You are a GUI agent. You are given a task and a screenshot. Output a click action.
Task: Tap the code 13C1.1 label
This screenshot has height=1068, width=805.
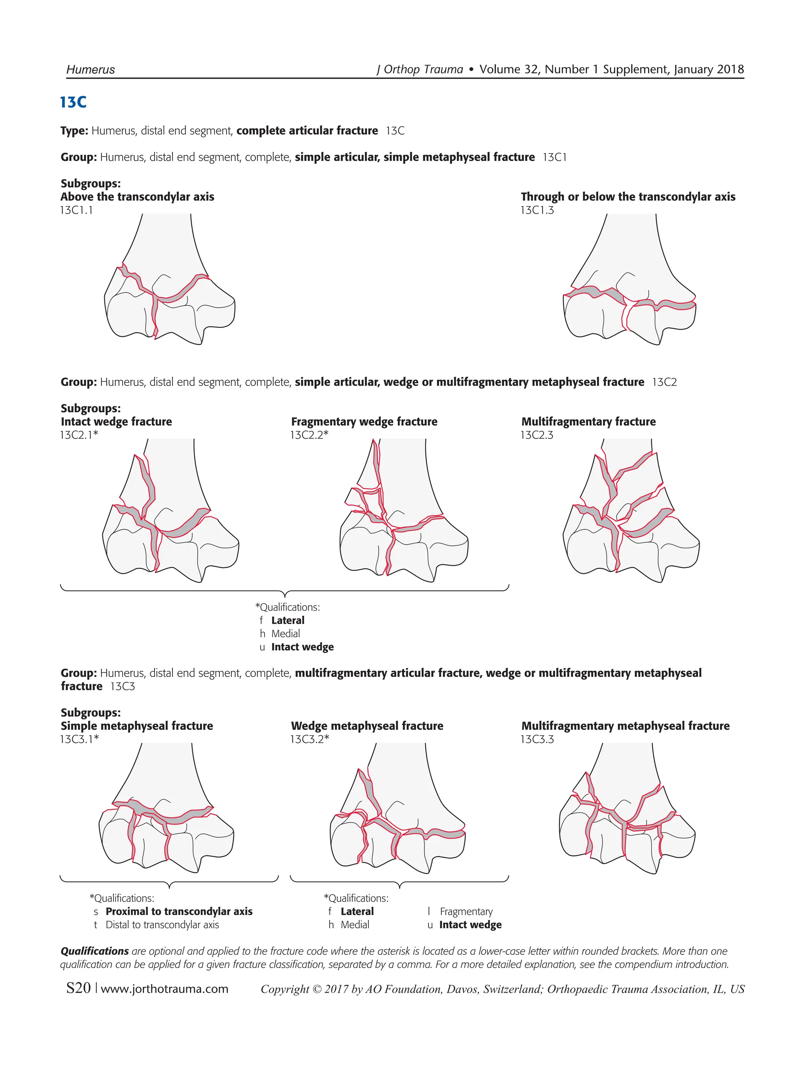pyautogui.click(x=76, y=210)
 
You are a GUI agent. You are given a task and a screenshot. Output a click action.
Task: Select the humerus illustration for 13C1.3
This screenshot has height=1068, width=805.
pyautogui.click(x=630, y=282)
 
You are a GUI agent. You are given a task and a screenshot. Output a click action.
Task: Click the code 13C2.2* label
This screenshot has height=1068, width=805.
pyautogui.click(x=309, y=435)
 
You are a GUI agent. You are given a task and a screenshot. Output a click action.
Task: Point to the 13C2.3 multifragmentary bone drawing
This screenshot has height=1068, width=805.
pyautogui.click(x=630, y=512)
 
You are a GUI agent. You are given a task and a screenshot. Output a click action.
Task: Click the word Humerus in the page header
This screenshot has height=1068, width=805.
pyautogui.click(x=90, y=69)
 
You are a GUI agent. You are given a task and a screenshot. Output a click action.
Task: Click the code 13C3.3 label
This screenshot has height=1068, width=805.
pyautogui.click(x=537, y=739)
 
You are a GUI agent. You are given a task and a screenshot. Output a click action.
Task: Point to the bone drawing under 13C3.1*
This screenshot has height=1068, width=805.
pyautogui.click(x=167, y=811)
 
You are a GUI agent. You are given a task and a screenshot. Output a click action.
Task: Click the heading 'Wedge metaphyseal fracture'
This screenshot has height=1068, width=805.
pyautogui.click(x=367, y=726)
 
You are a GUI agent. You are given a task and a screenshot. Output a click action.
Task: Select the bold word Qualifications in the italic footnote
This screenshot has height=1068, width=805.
pyautogui.click(x=95, y=951)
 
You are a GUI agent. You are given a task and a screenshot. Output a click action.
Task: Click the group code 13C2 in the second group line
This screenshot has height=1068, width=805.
pyautogui.click(x=664, y=382)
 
